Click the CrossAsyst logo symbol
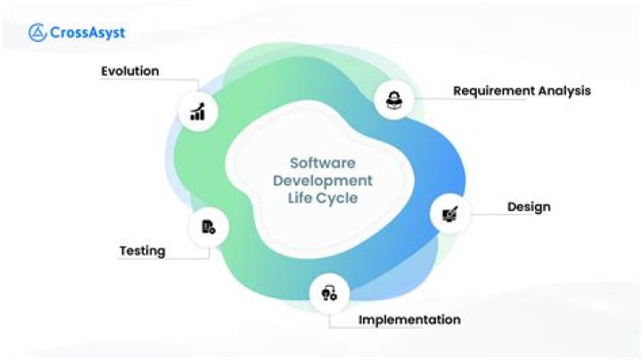click(x=37, y=33)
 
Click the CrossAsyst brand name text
click(x=87, y=33)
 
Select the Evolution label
click(x=130, y=71)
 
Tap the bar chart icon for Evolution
click(x=198, y=111)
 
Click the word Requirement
click(x=493, y=91)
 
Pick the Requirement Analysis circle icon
click(x=394, y=100)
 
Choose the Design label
click(x=529, y=207)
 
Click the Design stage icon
click(x=450, y=214)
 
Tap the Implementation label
click(x=409, y=320)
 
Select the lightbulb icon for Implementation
click(x=329, y=293)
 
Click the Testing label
click(x=143, y=250)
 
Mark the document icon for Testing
click(x=209, y=227)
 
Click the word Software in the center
click(x=323, y=163)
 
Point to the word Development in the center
click(x=323, y=180)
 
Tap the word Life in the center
click(x=300, y=198)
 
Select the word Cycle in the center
click(x=337, y=199)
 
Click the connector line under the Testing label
click(x=164, y=258)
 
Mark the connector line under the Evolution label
click(x=150, y=79)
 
